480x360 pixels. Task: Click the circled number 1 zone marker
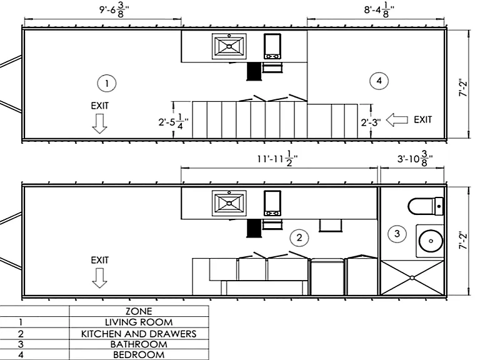pos(107,83)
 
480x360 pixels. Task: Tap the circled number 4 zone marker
pos(379,81)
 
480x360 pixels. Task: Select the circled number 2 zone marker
pos(299,237)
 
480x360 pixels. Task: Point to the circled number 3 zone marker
pos(397,234)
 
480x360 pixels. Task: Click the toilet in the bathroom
pos(426,206)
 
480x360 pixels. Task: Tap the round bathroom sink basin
pos(431,241)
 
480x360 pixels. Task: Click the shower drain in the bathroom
pos(412,277)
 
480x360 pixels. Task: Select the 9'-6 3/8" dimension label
pos(114,11)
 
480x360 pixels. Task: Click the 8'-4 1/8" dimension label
pos(379,11)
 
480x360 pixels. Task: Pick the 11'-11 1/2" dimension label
pos(277,159)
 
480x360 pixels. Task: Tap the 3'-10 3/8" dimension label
pos(415,159)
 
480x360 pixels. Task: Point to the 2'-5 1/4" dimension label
pos(173,122)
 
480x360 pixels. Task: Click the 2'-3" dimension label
pos(371,122)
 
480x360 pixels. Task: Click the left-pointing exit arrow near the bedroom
pos(397,120)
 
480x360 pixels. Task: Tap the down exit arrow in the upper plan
pos(99,124)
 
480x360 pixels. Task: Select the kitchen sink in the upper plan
pos(229,46)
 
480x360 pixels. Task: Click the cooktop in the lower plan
pos(272,203)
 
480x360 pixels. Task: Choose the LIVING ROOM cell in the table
pos(139,322)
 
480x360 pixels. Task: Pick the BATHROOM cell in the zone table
pos(139,344)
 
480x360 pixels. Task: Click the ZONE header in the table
pos(139,311)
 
